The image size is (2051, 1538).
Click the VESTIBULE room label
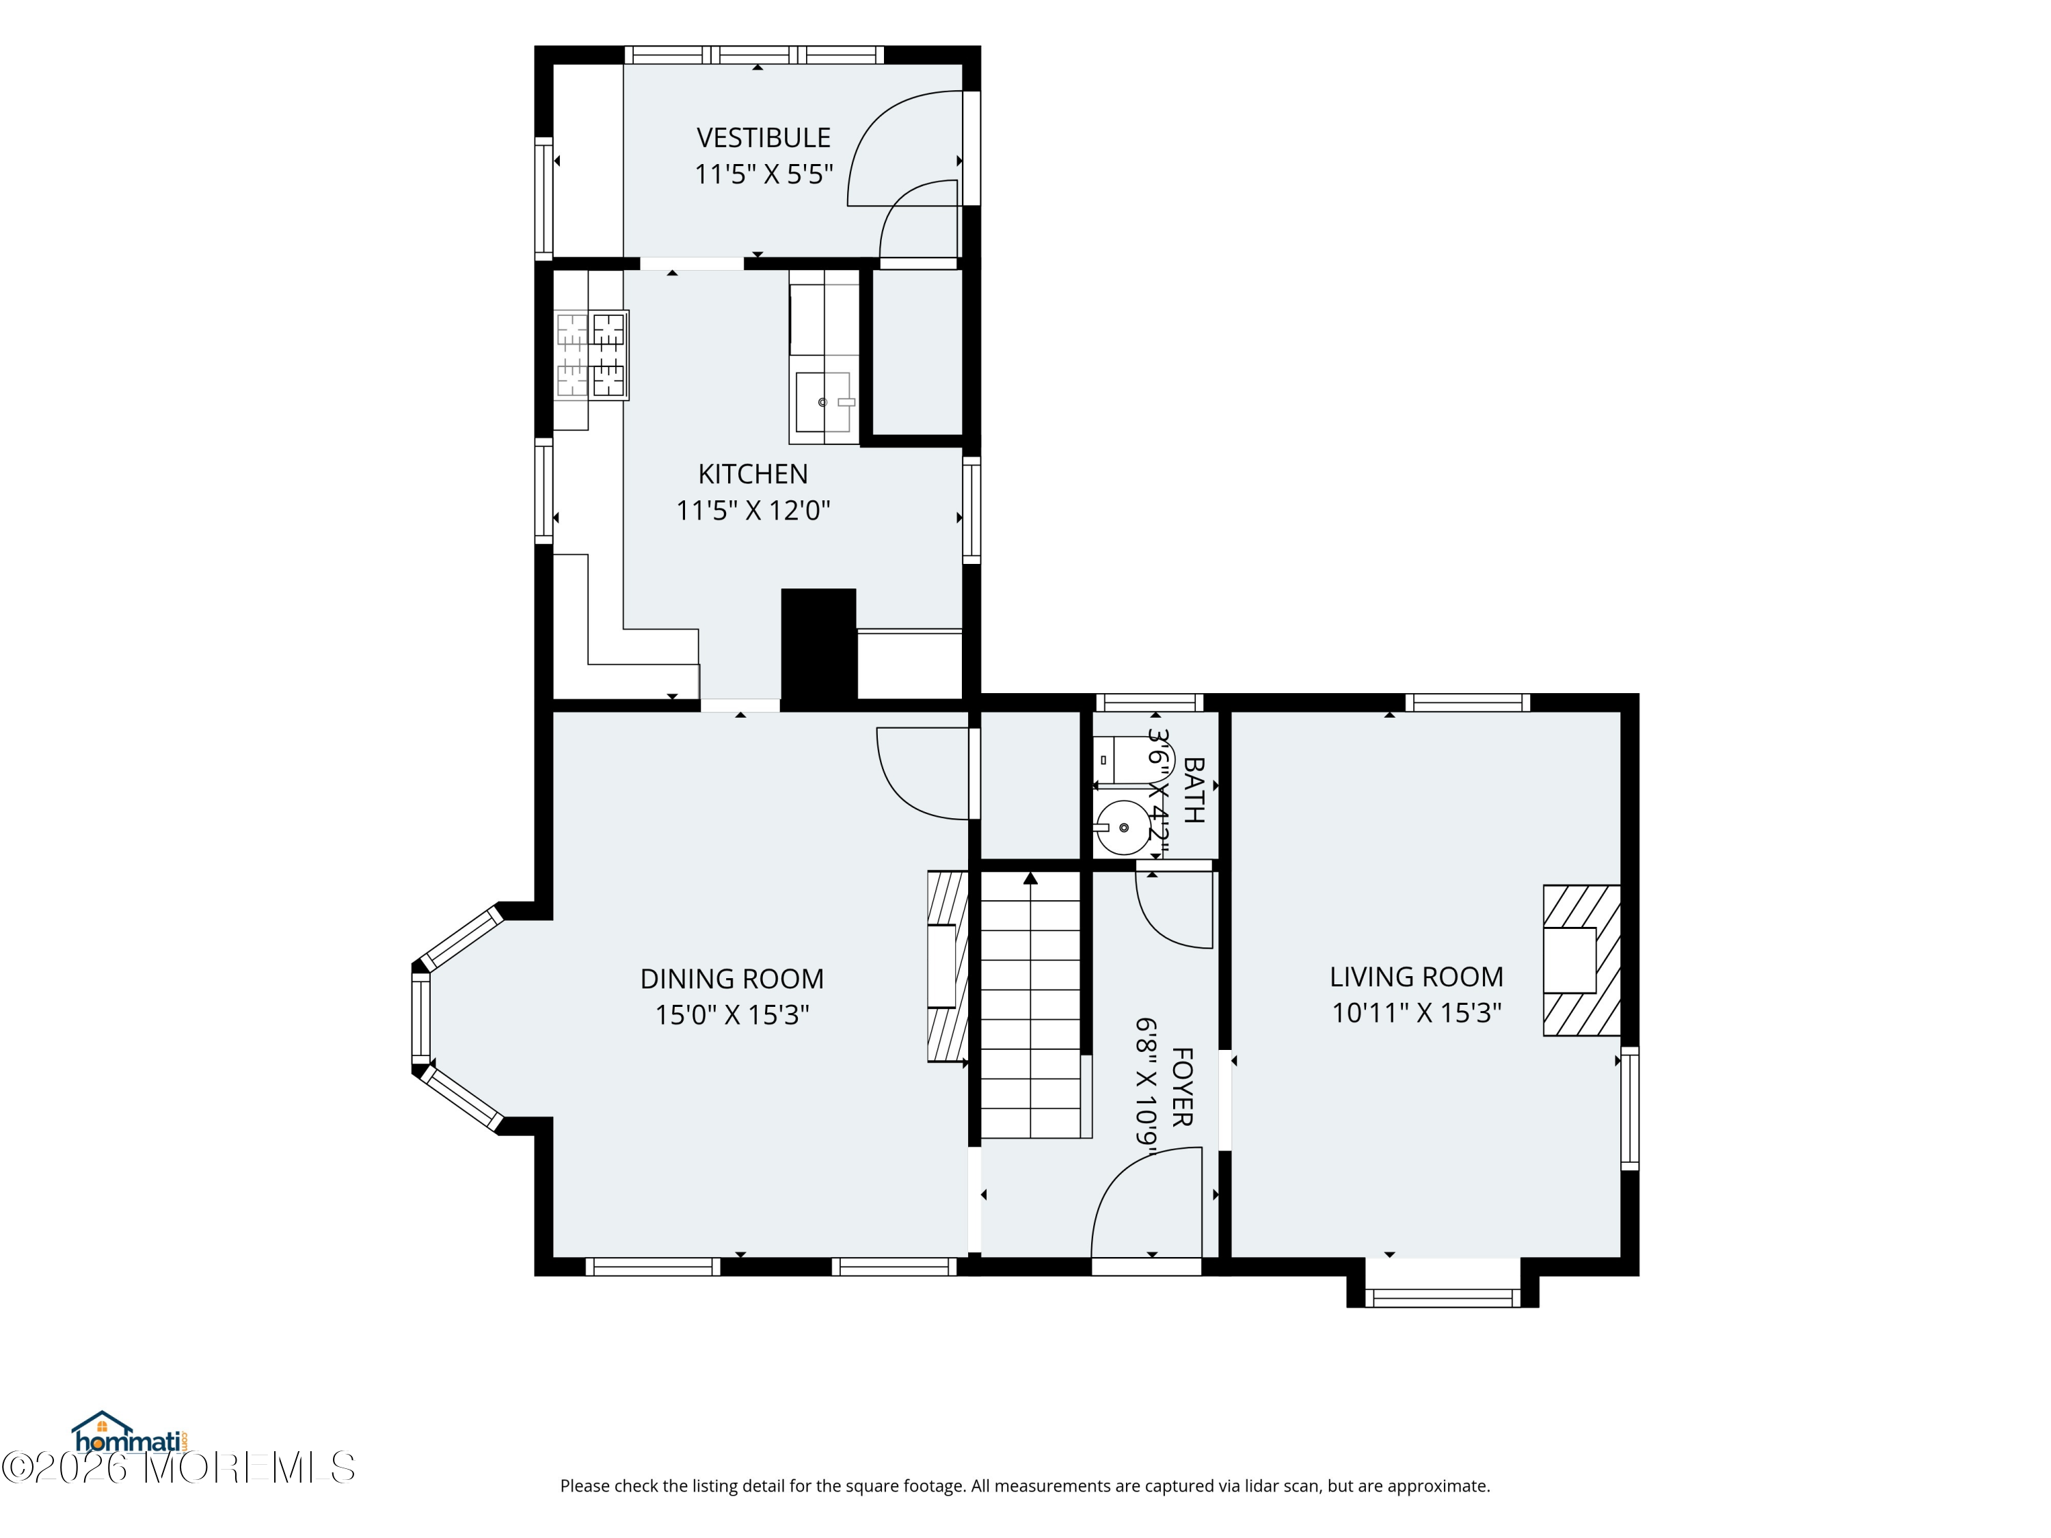763,137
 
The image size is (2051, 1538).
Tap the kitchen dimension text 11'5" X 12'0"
753,510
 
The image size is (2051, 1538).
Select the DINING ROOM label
732,978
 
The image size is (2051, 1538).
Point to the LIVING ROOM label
1416,976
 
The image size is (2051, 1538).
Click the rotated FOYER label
1182,1087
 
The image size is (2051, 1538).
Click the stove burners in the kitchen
591,355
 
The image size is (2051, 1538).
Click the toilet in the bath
1120,760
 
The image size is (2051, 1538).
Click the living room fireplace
1581,960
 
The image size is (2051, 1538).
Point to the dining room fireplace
948,965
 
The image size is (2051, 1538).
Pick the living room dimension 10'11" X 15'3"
1416,1012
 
